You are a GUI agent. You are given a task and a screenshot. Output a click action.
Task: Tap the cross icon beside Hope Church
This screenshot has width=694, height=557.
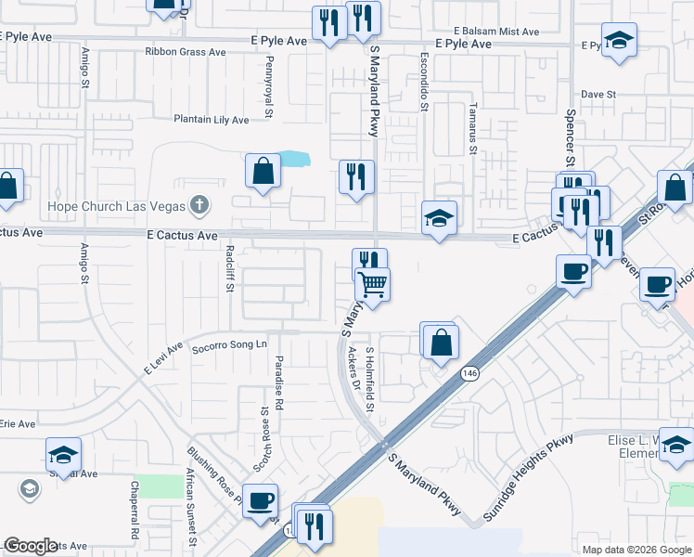(x=199, y=204)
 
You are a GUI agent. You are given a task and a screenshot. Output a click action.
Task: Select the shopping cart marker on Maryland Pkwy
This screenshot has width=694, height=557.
(x=373, y=284)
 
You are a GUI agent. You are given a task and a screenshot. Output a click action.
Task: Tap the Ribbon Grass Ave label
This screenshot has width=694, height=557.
(x=186, y=53)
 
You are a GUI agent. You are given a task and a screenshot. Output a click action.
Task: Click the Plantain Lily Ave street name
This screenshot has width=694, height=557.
(x=212, y=120)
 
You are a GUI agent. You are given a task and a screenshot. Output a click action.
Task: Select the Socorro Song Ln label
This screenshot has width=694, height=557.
(x=229, y=344)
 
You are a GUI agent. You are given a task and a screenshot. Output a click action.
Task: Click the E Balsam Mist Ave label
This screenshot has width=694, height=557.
(x=490, y=32)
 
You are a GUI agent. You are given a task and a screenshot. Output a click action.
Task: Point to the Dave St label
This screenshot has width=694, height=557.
(x=599, y=95)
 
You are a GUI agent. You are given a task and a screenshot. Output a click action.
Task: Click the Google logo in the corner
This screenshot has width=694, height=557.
(x=31, y=546)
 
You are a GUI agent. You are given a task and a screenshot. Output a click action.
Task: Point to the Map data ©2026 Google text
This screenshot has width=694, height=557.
(x=636, y=550)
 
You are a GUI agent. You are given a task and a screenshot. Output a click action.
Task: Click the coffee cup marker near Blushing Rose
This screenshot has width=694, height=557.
(x=260, y=500)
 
